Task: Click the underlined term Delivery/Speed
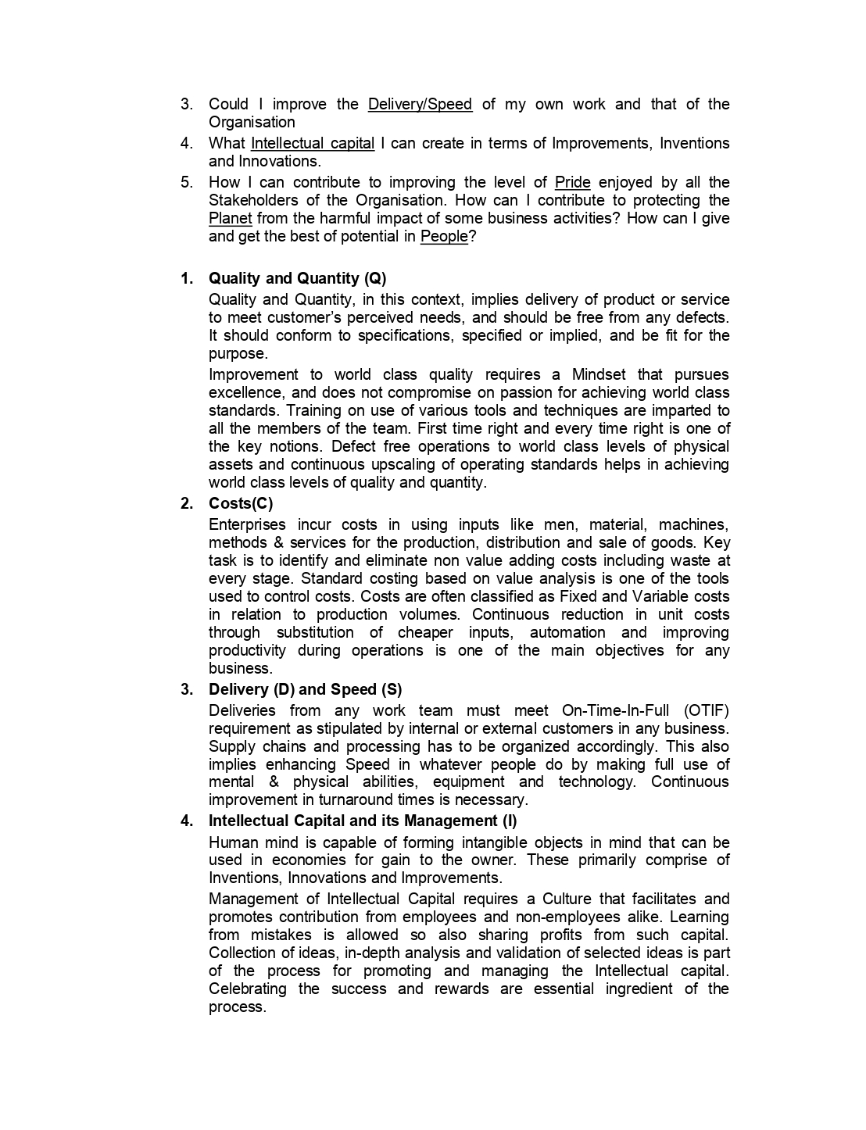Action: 420,105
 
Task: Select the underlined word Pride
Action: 572,183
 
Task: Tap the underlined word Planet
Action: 230,219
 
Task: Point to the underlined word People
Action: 443,237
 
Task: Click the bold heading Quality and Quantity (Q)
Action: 297,279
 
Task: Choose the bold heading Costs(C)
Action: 241,504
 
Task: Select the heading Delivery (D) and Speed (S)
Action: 305,690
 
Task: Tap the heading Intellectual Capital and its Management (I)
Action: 362,821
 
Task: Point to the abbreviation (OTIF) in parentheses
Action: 706,711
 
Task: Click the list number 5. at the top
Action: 187,183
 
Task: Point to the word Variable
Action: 653,597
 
